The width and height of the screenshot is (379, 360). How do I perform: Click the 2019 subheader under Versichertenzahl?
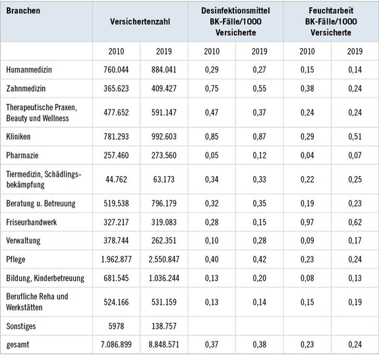pyautogui.click(x=164, y=51)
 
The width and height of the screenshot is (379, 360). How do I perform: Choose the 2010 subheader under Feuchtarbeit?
pyautogui.click(x=307, y=51)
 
